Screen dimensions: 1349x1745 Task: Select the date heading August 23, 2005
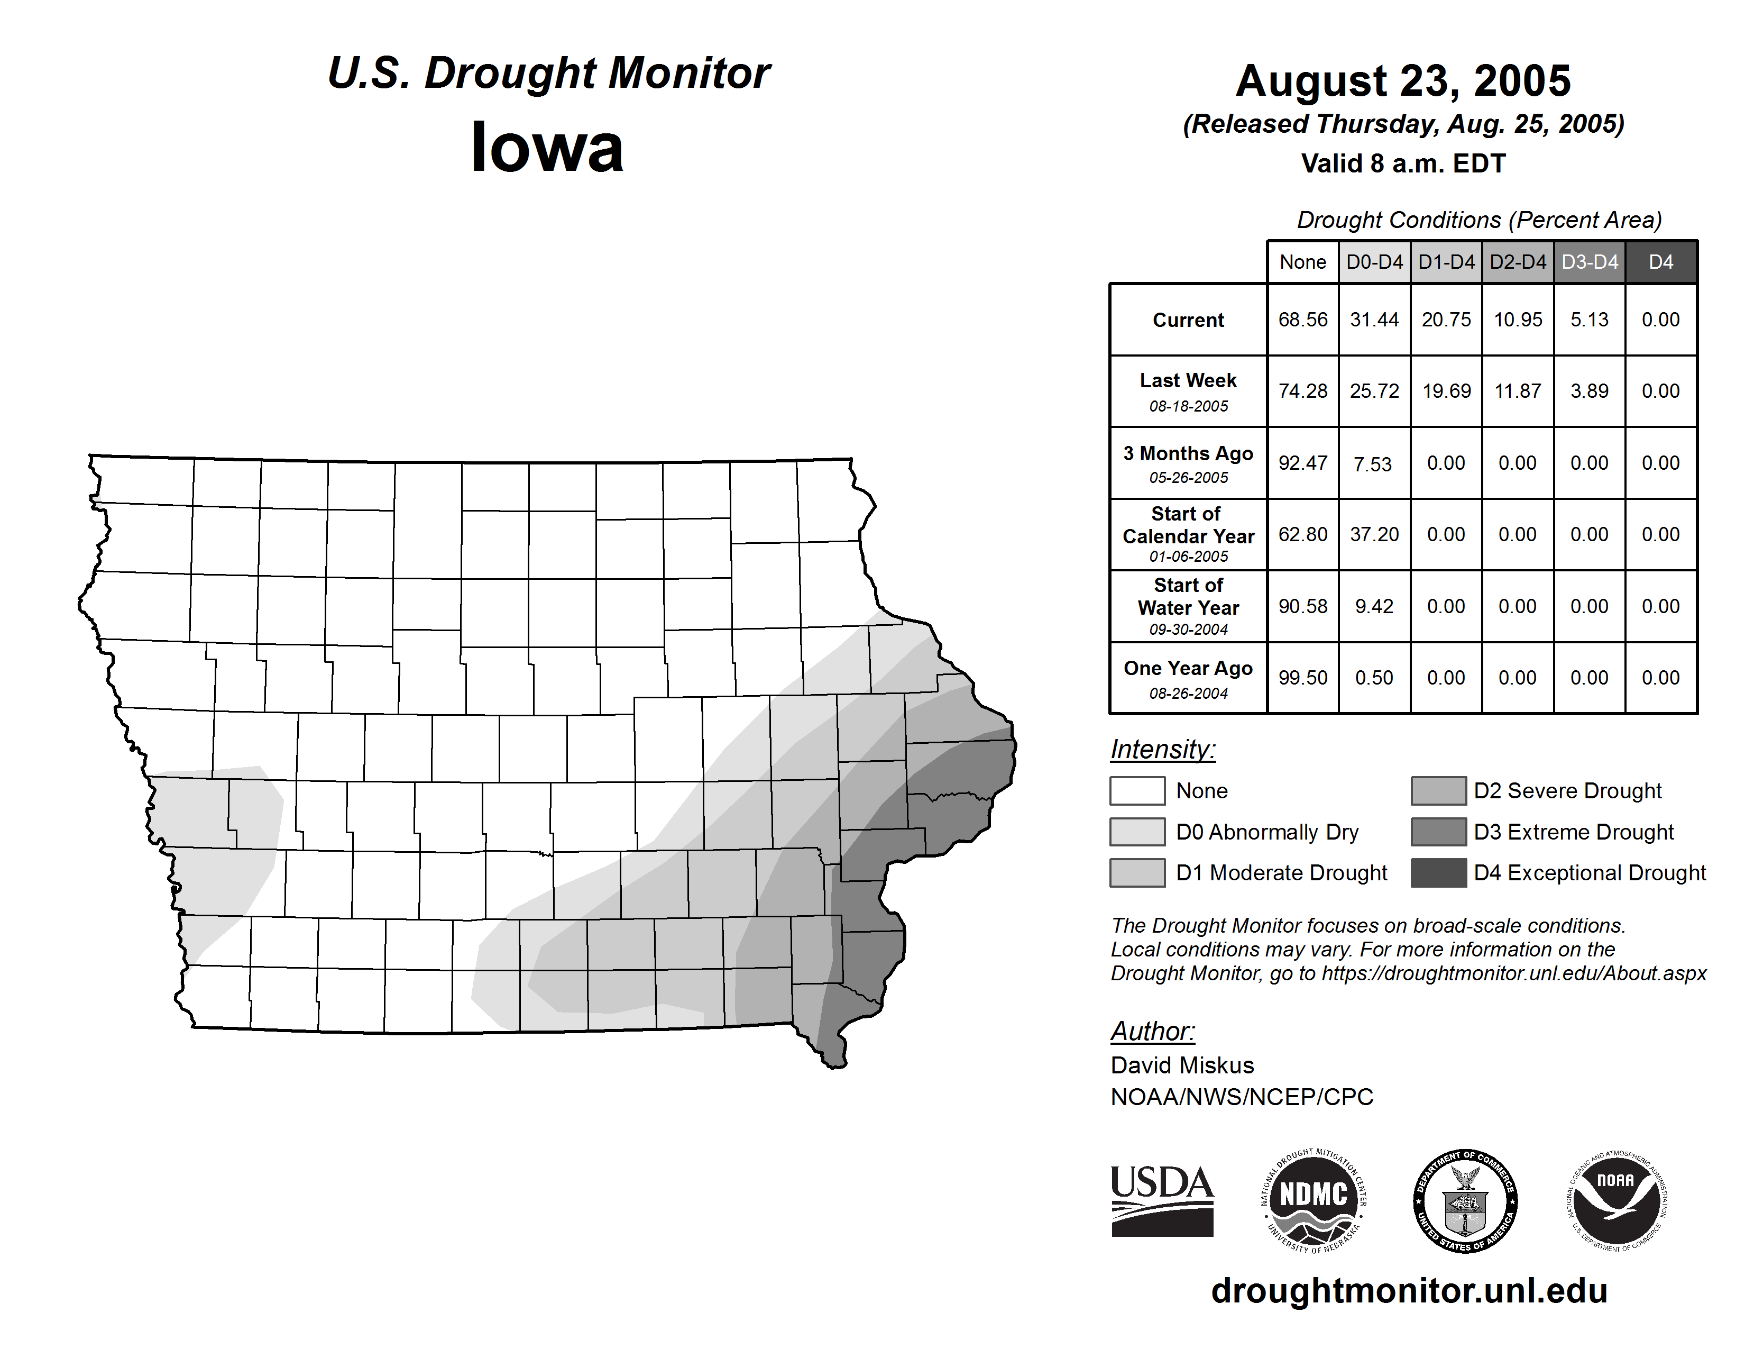(x=1403, y=81)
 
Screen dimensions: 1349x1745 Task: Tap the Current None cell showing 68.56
(x=1302, y=320)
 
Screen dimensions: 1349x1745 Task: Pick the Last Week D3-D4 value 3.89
(x=1589, y=391)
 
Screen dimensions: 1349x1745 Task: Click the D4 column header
(x=1660, y=262)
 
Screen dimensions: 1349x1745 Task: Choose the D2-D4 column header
(x=1517, y=262)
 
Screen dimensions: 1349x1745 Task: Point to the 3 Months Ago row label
(x=1188, y=463)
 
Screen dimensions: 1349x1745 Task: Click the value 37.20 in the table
(x=1374, y=534)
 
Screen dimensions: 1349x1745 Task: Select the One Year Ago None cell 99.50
(x=1302, y=678)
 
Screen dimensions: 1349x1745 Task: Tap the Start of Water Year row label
(x=1188, y=606)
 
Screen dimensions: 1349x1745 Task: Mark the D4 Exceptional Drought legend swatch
(x=1438, y=873)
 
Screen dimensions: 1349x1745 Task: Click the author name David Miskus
(x=1182, y=1065)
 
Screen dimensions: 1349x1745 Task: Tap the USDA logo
(x=1162, y=1200)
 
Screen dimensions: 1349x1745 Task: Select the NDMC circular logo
(x=1314, y=1200)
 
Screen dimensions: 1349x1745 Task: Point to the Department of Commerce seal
(x=1465, y=1200)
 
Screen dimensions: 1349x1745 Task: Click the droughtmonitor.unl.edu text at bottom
(x=1409, y=1291)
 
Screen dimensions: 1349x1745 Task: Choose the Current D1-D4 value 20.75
(x=1446, y=320)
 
